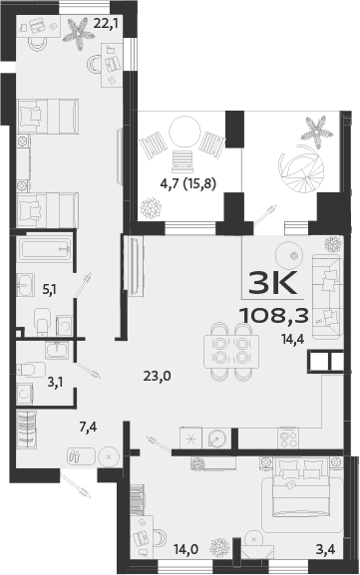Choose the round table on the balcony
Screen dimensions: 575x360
pyautogui.click(x=184, y=131)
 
